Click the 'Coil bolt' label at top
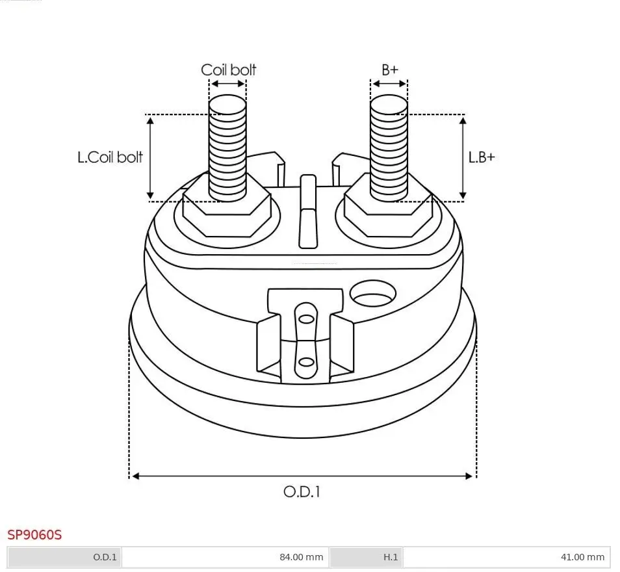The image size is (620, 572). (x=228, y=70)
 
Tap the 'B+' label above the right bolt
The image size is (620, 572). (x=389, y=70)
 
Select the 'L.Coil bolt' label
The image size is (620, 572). (x=110, y=157)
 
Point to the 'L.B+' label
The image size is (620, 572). (x=482, y=157)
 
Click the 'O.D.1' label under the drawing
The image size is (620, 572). (x=302, y=491)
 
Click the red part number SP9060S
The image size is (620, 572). (x=34, y=535)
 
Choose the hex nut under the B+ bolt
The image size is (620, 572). (x=387, y=211)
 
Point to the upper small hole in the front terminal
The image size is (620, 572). (x=305, y=318)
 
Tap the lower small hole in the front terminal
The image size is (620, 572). (x=305, y=362)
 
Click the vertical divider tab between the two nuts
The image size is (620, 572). (x=307, y=211)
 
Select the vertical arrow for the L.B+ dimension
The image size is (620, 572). (x=463, y=157)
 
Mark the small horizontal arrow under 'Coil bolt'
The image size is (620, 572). (x=227, y=84)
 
